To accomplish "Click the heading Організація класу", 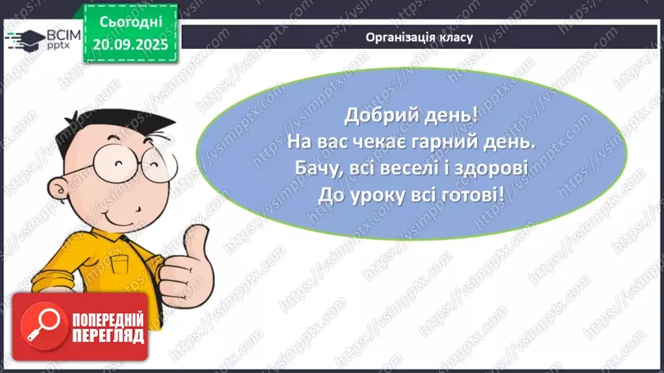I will pyautogui.click(x=419, y=37).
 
